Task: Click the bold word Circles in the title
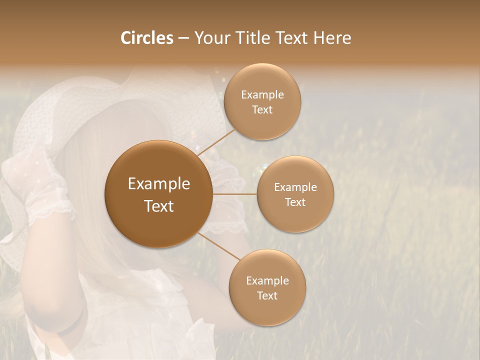pos(147,38)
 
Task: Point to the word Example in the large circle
pos(159,184)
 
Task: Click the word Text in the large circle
pos(159,206)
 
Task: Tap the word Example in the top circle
pos(262,95)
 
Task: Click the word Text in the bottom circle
pos(267,295)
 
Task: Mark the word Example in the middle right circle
pos(295,187)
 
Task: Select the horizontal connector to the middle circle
pos(234,194)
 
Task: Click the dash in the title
pos(183,38)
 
